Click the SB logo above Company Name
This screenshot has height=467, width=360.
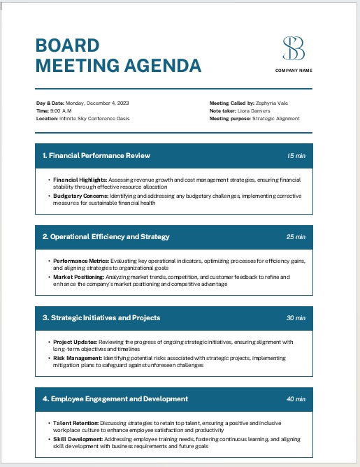294,48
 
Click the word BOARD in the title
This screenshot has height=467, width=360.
67,46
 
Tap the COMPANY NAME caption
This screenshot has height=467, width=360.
294,71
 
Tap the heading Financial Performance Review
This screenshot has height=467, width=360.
96,155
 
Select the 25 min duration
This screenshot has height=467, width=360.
296,236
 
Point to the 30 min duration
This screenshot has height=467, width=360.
296,317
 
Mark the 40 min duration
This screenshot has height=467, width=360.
296,398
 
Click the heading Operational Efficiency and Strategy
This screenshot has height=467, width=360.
106,236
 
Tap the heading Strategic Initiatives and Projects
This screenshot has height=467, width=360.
101,317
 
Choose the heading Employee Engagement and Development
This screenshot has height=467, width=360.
115,398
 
